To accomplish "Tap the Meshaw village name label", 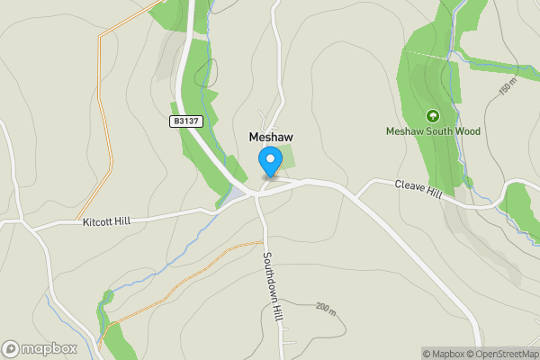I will click(x=270, y=137).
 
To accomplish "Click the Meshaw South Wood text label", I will click(x=433, y=131).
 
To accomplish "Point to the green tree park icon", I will click(x=432, y=116).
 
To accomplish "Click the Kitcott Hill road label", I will click(x=112, y=220).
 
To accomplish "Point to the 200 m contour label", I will click(x=325, y=308).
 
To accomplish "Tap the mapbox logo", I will click(x=40, y=348).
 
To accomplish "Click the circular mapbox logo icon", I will click(x=12, y=348).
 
